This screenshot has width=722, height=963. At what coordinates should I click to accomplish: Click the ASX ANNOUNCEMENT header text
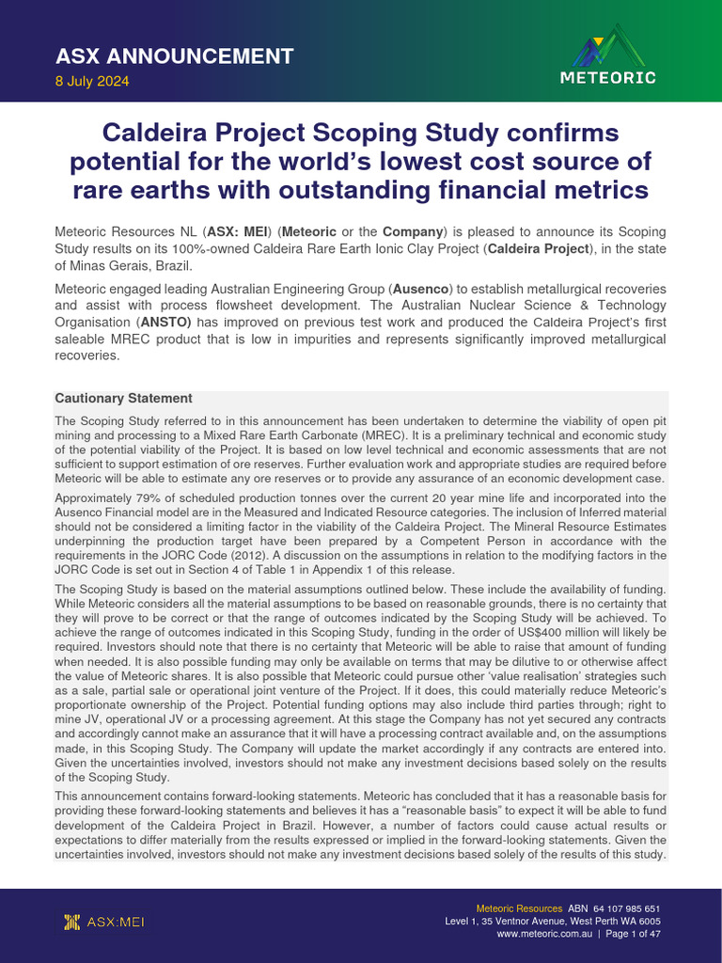pos(174,55)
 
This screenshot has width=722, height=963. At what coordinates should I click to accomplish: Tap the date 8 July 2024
pos(92,82)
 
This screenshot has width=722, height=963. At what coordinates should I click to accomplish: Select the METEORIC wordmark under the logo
pos(608,77)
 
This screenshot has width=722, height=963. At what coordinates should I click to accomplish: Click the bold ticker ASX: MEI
pos(236,230)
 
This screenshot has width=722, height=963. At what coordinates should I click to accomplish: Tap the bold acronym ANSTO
pos(165,322)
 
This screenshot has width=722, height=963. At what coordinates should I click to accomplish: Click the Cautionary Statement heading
pos(123,399)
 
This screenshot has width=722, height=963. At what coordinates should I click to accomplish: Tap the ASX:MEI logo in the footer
pos(104,922)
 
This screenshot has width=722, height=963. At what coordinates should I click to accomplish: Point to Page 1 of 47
pos(633,934)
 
